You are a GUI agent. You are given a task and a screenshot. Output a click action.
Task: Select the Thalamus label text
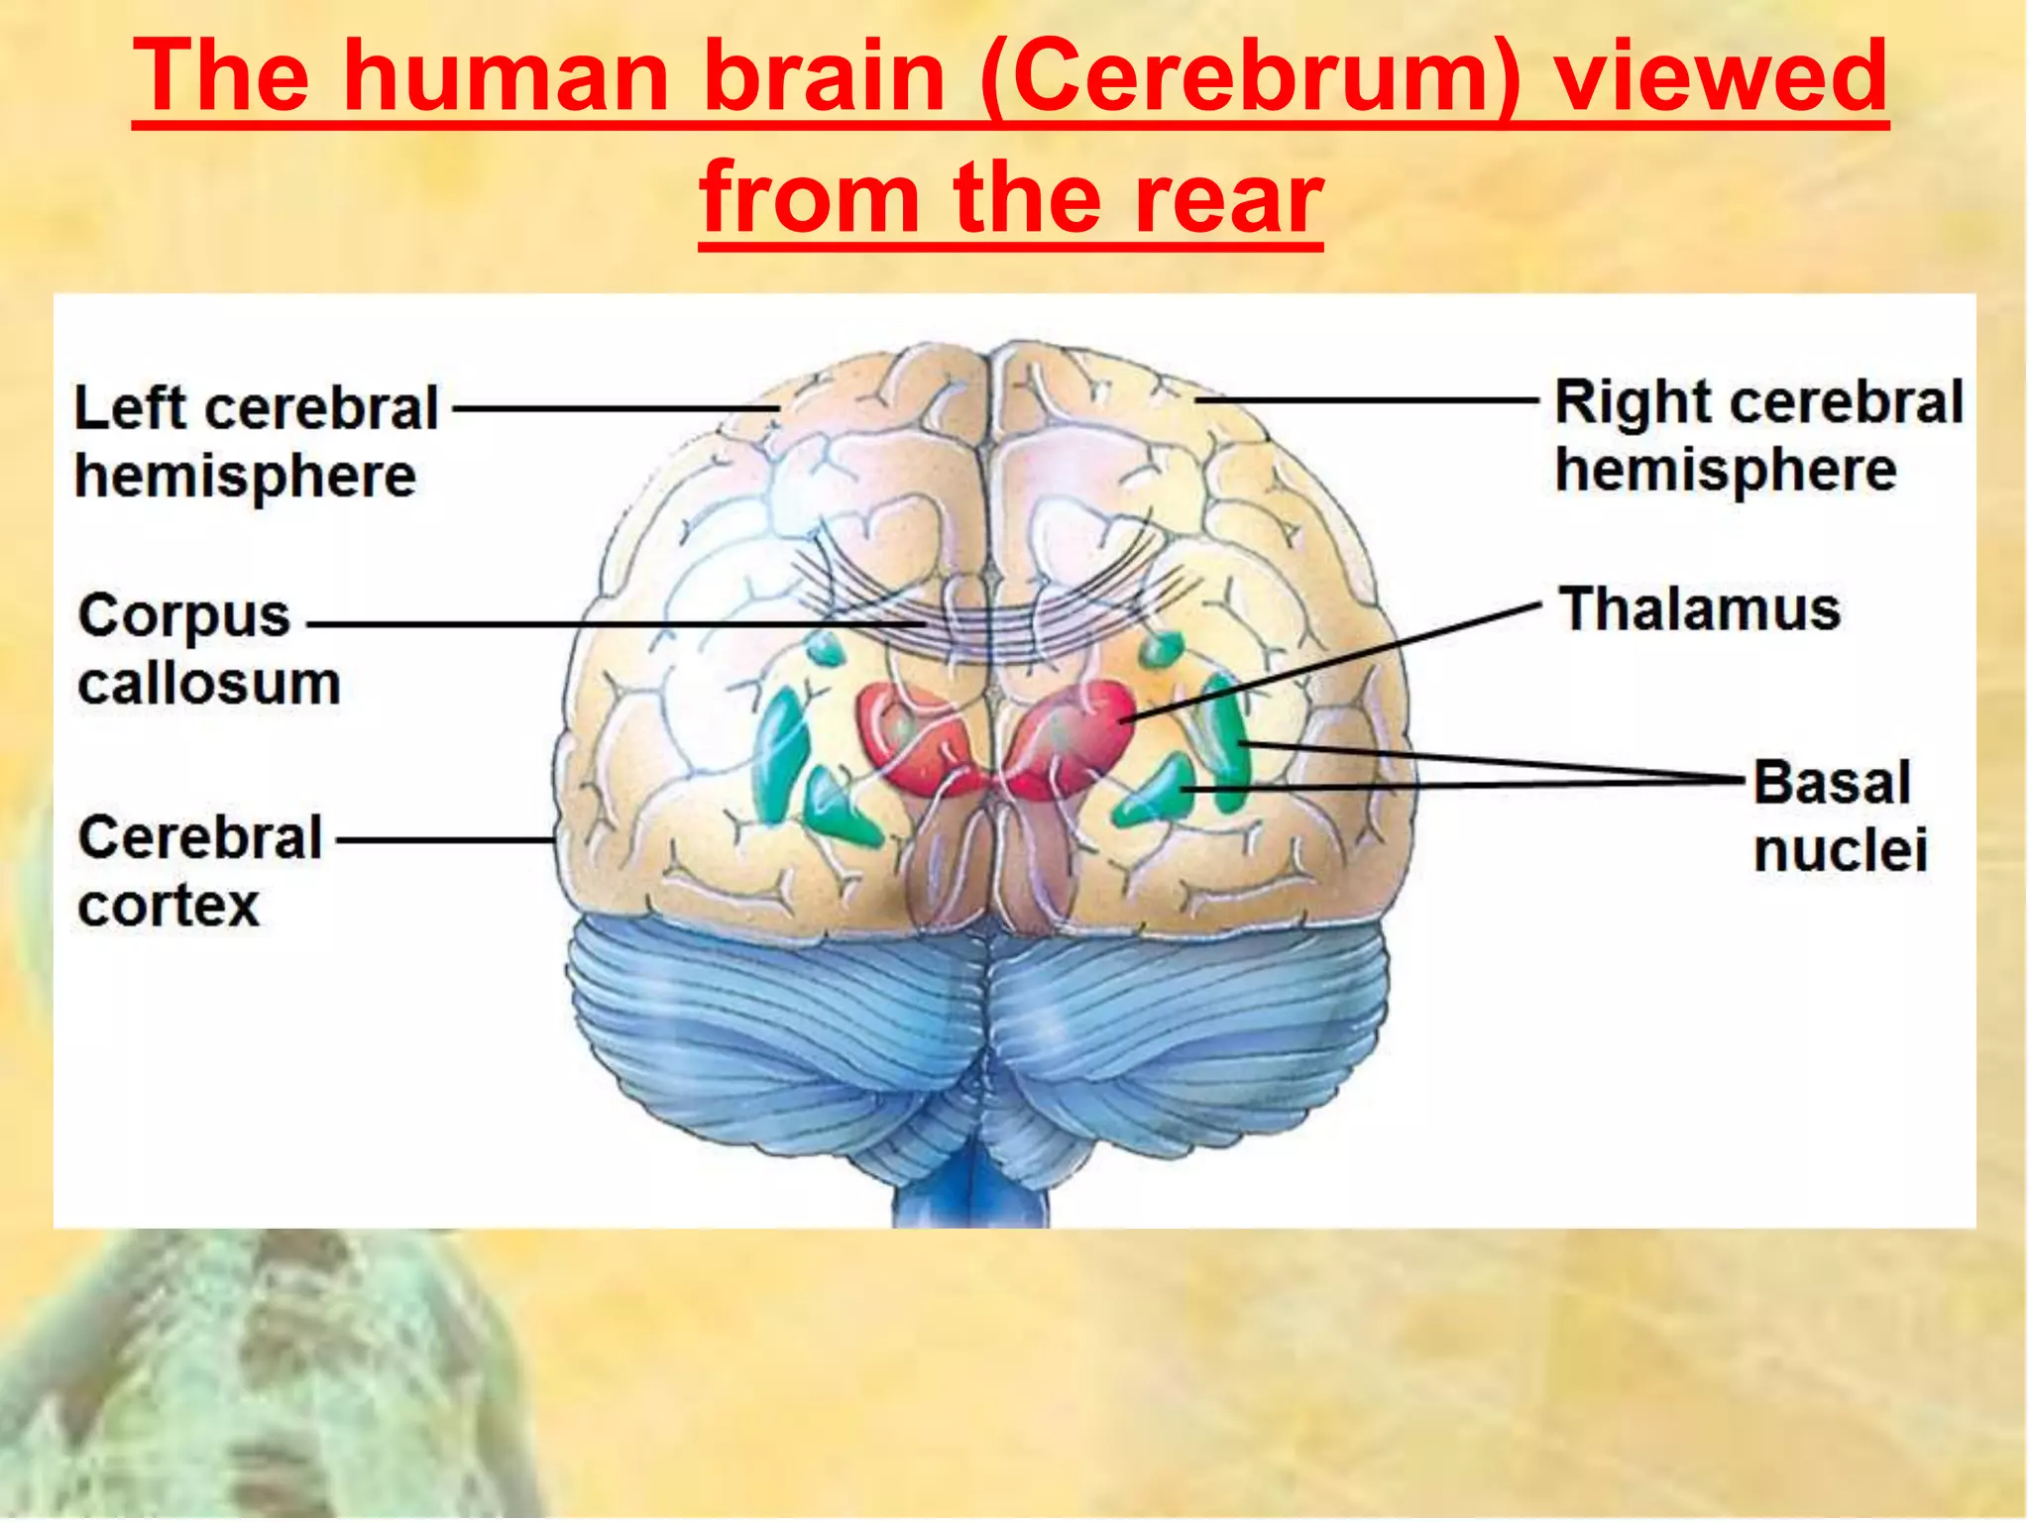pos(1700,608)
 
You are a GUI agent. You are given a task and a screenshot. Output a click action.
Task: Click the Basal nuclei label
pos(1840,815)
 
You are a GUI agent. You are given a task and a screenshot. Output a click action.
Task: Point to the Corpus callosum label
pos(208,649)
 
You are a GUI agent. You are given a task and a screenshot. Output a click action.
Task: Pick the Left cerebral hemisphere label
pos(256,442)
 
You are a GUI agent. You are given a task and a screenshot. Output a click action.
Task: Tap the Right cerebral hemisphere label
pos(1757,435)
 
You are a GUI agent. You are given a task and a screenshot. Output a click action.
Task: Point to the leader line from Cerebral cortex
pos(446,840)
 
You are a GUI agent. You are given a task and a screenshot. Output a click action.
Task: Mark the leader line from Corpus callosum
pos(615,625)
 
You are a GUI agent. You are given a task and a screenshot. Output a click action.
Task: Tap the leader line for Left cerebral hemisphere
pos(615,408)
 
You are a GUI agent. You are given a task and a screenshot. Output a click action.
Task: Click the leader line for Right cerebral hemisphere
pos(1368,400)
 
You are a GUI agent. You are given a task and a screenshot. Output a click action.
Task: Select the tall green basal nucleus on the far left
pos(780,753)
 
